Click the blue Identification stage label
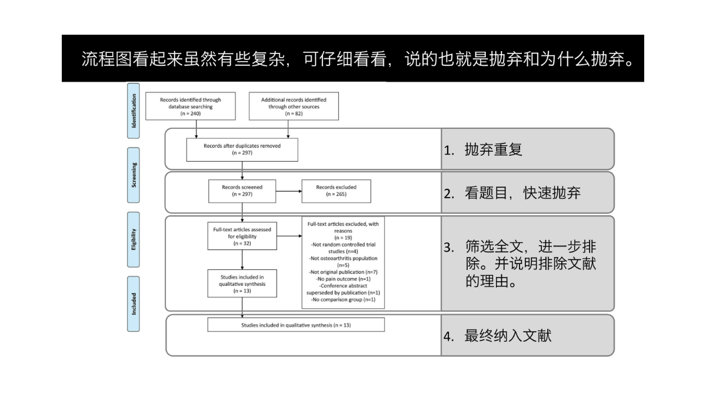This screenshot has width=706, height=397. click(x=134, y=111)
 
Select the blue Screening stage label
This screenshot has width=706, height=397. click(x=134, y=175)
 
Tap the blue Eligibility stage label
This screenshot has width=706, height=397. click(x=134, y=239)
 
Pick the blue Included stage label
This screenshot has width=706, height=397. click(x=134, y=303)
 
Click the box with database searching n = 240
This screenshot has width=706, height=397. click(x=191, y=106)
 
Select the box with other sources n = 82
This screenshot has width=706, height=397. click(x=294, y=106)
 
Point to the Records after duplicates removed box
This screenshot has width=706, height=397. click(x=242, y=149)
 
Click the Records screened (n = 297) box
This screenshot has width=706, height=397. click(x=242, y=191)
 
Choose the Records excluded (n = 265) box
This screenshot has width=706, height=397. click(x=337, y=191)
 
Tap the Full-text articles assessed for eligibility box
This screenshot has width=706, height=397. click(x=242, y=236)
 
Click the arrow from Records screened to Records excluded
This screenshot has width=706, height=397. click(x=289, y=191)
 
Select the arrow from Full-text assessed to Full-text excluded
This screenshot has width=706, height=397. click(x=289, y=236)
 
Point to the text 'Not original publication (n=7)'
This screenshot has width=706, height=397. click(x=343, y=272)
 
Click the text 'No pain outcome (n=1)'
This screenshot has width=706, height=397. click(x=343, y=279)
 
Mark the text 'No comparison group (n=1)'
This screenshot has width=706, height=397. click(x=343, y=299)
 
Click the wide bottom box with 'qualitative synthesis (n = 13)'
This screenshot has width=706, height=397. click(x=296, y=325)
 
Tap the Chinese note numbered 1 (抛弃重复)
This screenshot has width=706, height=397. click(x=483, y=149)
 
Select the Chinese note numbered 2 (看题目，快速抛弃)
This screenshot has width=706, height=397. click(x=512, y=193)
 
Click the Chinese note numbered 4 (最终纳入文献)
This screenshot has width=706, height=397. click(x=498, y=336)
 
